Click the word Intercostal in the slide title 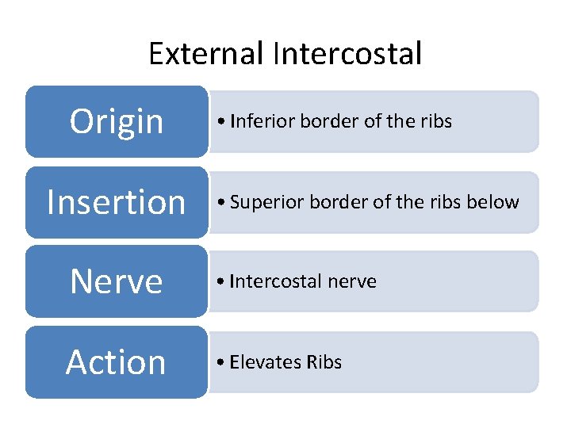tap(347, 54)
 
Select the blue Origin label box tap(116, 121)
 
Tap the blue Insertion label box tap(116, 202)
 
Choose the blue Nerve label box tap(116, 281)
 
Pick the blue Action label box tap(116, 362)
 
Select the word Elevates tap(263, 362)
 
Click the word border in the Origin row tap(319, 121)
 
